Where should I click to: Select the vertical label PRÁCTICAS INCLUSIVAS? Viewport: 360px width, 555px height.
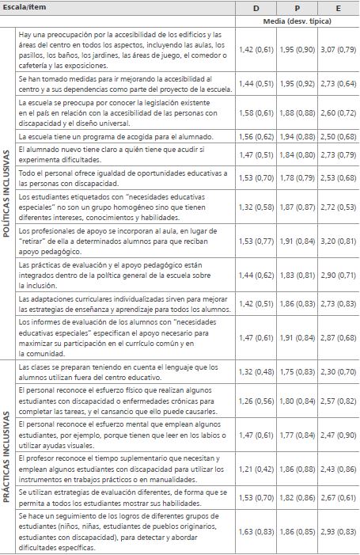(8, 447)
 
